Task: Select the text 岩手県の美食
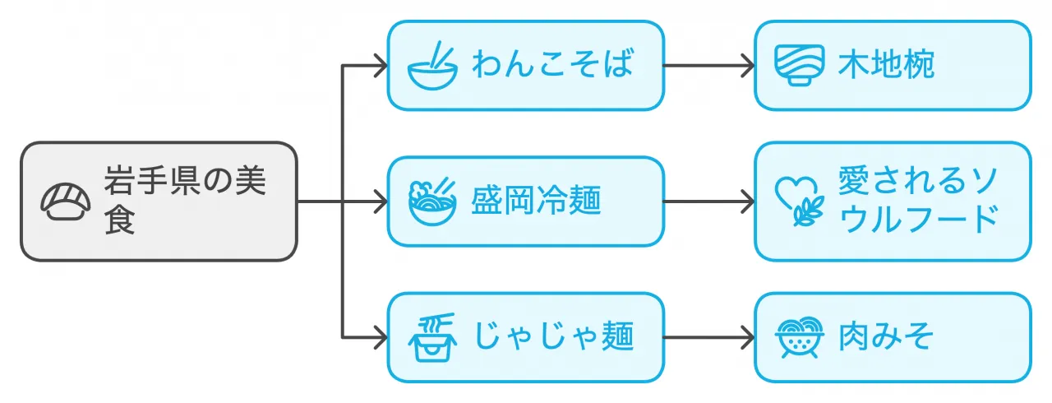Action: [x=185, y=201]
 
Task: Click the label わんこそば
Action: [x=552, y=66]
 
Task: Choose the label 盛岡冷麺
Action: [x=536, y=201]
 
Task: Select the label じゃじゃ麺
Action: [x=552, y=337]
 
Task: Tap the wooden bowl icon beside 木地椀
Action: [x=799, y=66]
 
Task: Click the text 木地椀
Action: [x=886, y=66]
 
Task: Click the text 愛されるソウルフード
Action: [x=917, y=201]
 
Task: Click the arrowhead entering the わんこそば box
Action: [x=380, y=66]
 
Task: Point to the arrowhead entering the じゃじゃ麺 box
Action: [x=380, y=337]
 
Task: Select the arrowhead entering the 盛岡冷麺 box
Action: [x=380, y=201]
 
